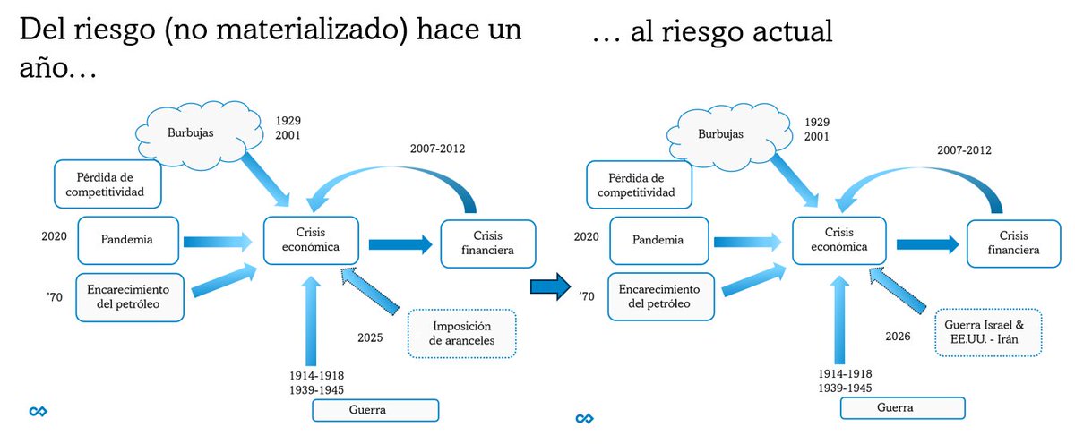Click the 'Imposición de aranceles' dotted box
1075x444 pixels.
(462, 333)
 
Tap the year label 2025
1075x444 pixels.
(368, 337)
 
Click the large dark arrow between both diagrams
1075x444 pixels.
(550, 287)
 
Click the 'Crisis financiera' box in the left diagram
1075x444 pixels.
(489, 243)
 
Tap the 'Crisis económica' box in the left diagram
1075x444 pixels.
(310, 240)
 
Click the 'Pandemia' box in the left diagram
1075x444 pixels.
(126, 240)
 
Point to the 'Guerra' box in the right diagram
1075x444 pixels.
(902, 407)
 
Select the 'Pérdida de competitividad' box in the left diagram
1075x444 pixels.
(108, 183)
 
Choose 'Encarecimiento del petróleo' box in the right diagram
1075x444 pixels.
(662, 296)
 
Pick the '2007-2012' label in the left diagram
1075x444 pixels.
(437, 149)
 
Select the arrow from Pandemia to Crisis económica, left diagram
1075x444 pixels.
(218, 241)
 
